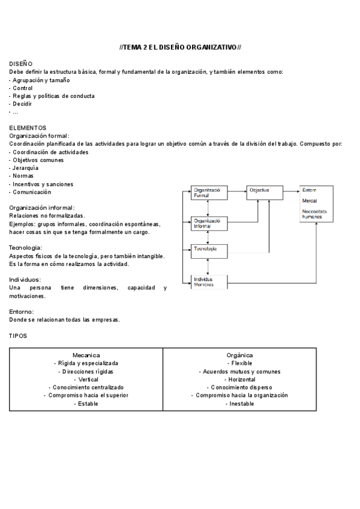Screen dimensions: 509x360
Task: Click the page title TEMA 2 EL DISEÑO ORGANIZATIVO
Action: (180, 47)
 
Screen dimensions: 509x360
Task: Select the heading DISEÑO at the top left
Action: (21, 64)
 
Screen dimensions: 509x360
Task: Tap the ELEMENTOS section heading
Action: (28, 128)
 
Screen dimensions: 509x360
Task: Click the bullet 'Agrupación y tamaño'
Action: (41, 80)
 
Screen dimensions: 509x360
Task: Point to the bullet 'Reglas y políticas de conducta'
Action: (53, 96)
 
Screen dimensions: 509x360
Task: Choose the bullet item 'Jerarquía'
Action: (29, 168)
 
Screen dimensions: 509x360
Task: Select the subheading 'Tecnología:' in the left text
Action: (26, 248)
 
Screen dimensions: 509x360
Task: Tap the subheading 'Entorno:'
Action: (22, 312)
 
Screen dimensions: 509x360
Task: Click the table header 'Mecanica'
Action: (86, 355)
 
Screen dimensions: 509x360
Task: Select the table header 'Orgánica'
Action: (240, 355)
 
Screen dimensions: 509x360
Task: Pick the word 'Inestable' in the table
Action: (240, 404)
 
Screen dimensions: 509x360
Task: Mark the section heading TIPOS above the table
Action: (18, 336)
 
